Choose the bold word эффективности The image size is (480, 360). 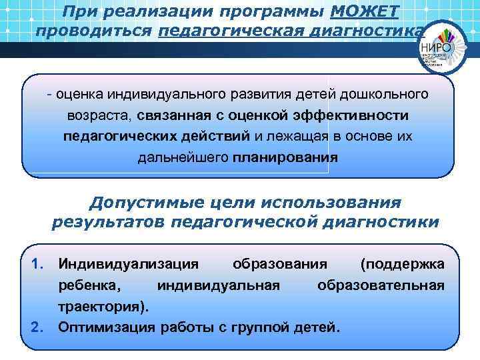353,115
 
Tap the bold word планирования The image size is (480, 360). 285,158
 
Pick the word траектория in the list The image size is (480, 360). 101,307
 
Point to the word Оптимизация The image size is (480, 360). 107,327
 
